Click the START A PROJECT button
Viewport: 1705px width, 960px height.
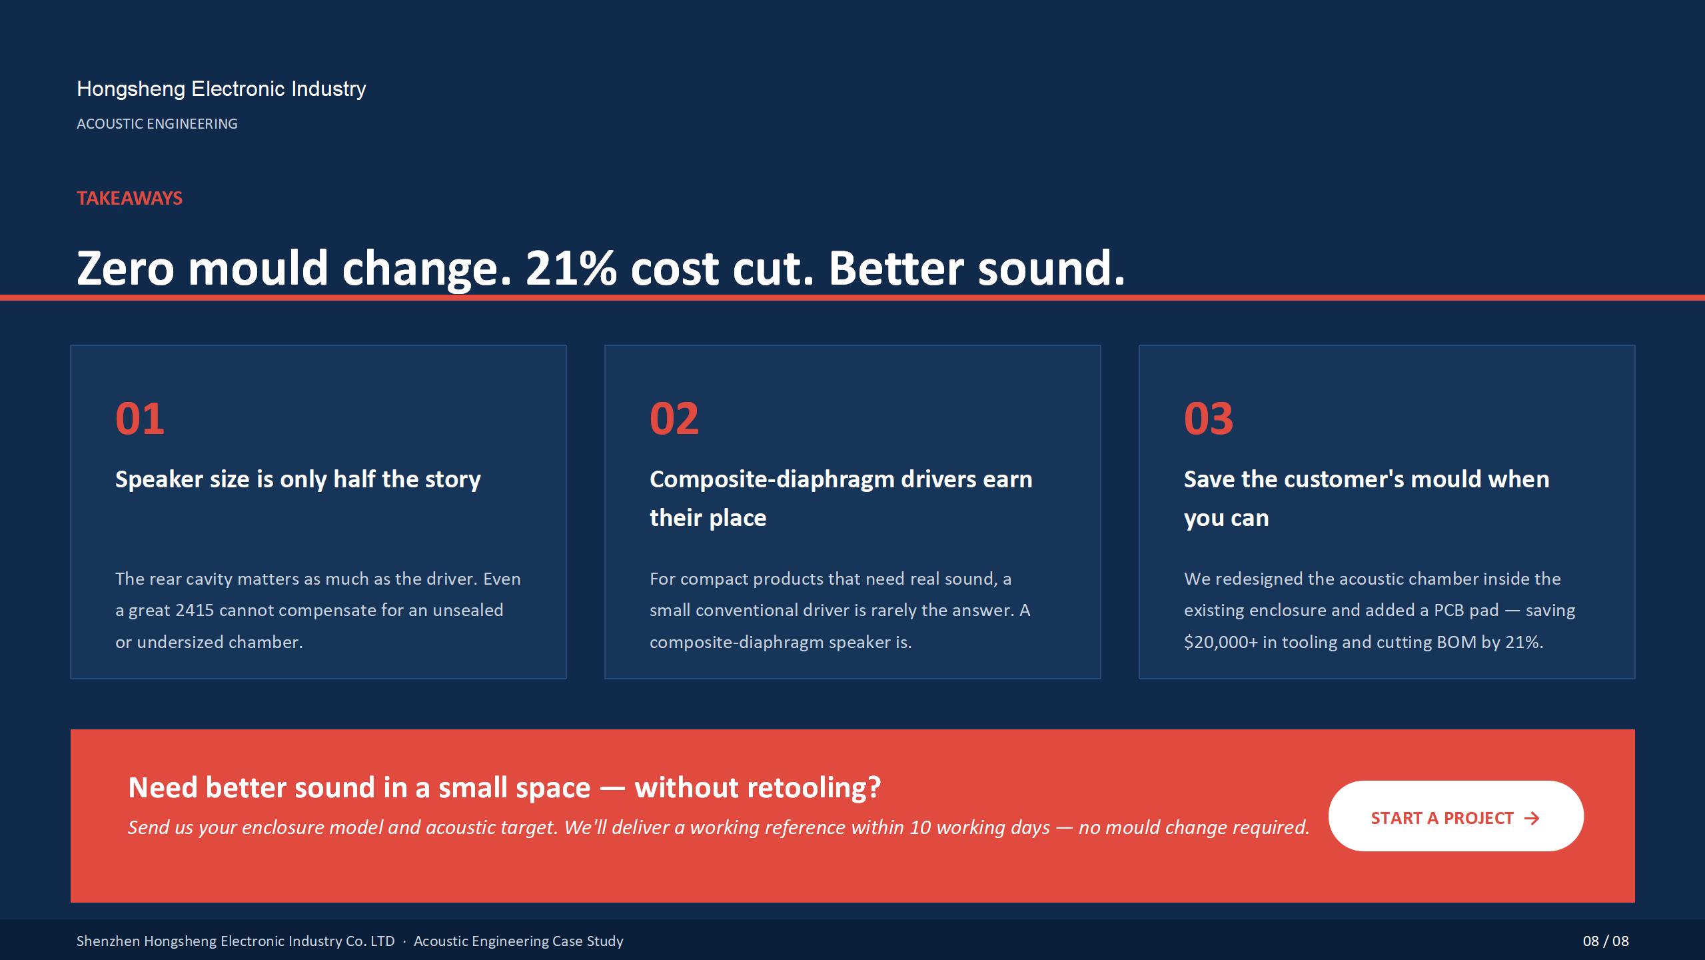click(x=1456, y=816)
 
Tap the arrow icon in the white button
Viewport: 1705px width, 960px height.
click(x=1532, y=819)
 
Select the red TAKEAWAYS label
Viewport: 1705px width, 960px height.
click(x=129, y=198)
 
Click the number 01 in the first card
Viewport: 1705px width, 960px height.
click(x=140, y=419)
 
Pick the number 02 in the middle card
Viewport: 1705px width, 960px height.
click(x=674, y=419)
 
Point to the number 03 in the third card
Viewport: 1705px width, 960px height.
click(x=1209, y=419)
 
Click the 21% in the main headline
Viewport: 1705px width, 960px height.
click(x=571, y=269)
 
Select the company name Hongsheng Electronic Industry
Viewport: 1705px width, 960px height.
click(x=221, y=89)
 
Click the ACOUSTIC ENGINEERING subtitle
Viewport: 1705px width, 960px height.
click(x=157, y=124)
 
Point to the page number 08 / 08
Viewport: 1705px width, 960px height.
click(x=1606, y=941)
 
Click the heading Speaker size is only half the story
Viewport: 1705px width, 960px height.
click(x=298, y=479)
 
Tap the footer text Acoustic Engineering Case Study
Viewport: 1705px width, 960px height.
click(x=518, y=941)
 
